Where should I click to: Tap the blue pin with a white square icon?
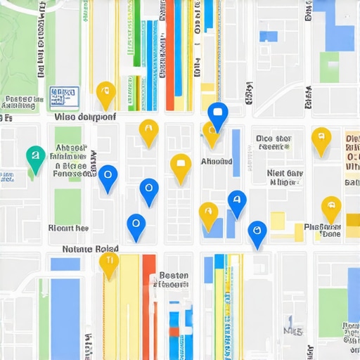coord(218,115)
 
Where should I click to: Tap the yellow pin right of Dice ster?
coord(321,139)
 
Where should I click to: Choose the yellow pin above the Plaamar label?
coord(331,208)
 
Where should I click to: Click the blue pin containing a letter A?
coord(237,202)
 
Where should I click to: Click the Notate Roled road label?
coord(91,249)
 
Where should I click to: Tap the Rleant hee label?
coord(68,228)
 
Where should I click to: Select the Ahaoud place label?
coord(217,162)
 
